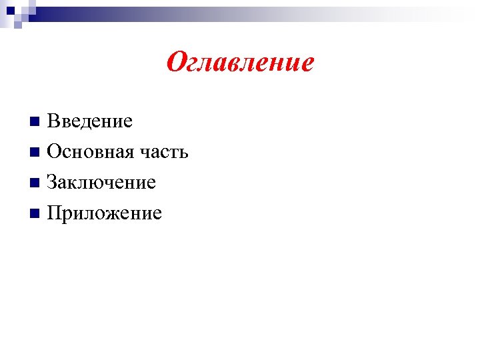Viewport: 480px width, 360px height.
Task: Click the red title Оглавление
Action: coord(240,63)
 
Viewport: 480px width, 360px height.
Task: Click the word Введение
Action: coord(90,121)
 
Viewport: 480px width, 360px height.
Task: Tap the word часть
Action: coord(164,152)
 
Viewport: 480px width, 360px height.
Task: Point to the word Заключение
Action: coord(101,183)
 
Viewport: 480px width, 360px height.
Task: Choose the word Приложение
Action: coord(105,213)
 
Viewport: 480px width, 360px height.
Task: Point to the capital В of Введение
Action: coord(53,121)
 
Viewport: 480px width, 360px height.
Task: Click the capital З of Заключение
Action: coord(52,183)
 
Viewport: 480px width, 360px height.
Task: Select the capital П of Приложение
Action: coord(54,213)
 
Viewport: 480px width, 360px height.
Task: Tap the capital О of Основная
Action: coord(54,152)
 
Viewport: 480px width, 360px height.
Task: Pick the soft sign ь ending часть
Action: coord(184,153)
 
